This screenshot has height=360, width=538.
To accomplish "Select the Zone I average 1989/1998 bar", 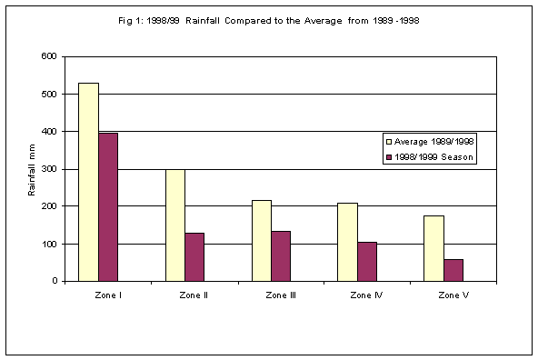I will (88, 182).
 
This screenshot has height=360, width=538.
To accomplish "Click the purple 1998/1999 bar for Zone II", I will (194, 257).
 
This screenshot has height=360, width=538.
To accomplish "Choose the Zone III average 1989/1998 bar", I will (261, 241).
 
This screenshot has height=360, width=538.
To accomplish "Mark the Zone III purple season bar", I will (281, 256).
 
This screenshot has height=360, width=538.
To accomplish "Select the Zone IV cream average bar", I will (347, 242).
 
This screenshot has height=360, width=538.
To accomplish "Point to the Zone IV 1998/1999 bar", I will (367, 262).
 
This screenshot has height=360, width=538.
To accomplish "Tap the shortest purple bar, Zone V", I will (453, 270).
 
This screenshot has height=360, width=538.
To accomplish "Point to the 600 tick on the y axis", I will (50, 56).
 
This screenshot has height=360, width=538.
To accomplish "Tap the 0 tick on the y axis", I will (55, 281).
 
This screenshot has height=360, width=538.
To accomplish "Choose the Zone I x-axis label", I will (107, 295).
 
